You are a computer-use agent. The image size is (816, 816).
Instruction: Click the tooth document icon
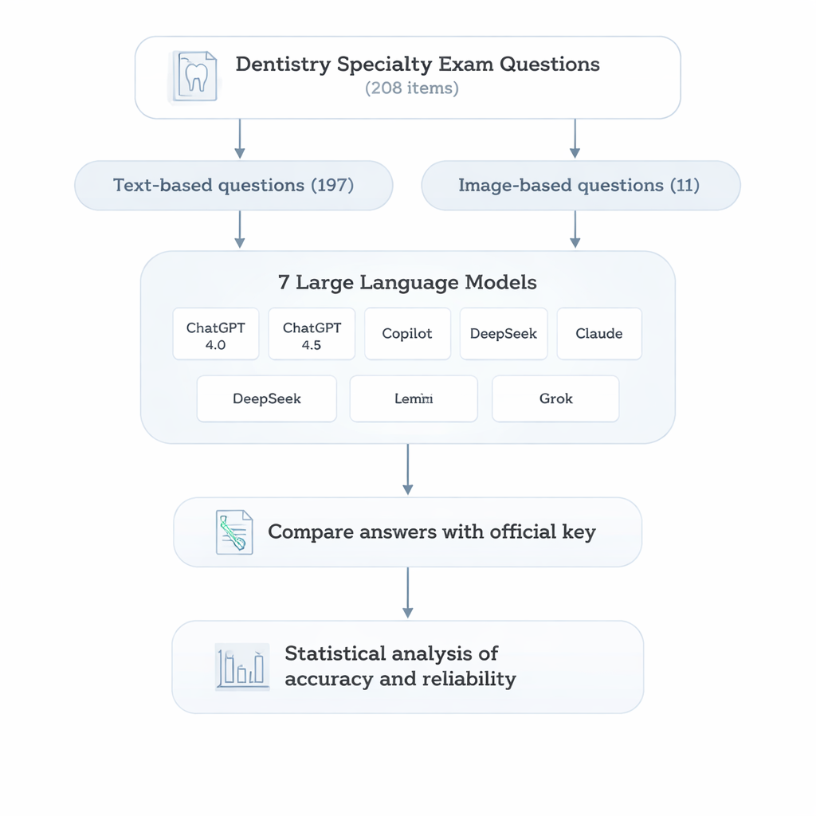(193, 76)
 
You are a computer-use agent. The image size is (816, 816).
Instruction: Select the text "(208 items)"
(411, 88)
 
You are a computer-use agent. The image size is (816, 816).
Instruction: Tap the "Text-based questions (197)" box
(233, 186)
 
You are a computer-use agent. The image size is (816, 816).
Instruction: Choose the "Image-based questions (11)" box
(579, 186)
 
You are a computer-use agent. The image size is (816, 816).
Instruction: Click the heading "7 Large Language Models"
(407, 282)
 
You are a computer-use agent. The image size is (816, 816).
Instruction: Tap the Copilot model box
(407, 334)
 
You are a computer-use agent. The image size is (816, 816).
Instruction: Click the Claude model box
(598, 334)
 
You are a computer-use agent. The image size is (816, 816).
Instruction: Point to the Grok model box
(555, 398)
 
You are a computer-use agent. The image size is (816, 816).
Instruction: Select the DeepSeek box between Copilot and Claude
(504, 334)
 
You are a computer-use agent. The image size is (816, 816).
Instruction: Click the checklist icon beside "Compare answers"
(234, 532)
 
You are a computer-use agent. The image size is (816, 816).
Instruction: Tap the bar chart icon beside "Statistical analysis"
(241, 667)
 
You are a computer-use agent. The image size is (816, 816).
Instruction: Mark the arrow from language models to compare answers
(407, 469)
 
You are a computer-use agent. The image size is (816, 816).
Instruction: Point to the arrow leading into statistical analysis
(407, 593)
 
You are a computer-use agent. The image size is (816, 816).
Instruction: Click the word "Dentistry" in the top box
(283, 65)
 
